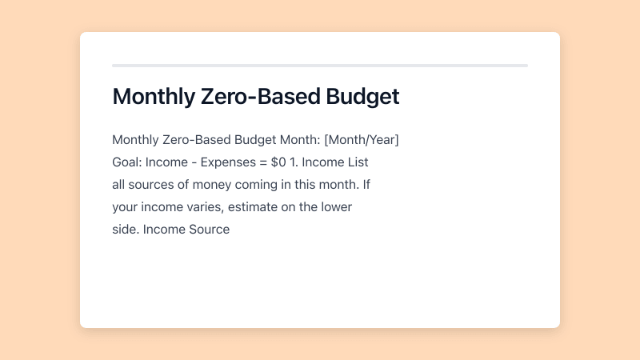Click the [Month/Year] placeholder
pos(362,140)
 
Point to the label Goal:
pos(127,162)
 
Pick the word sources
pos(151,185)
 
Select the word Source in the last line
pos(210,230)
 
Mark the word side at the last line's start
pos(126,230)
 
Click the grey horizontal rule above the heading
pos(320,66)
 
